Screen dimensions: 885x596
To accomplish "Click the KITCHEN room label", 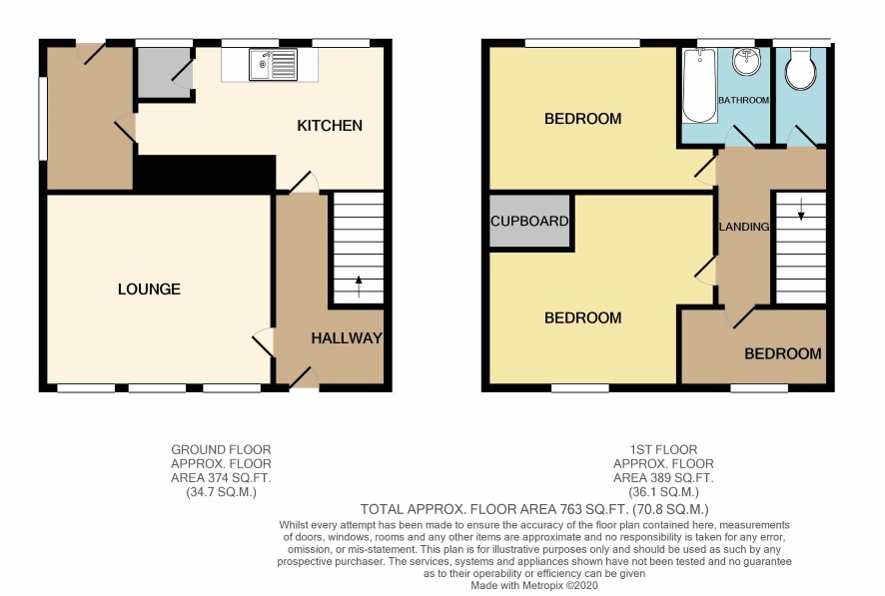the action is (x=330, y=125).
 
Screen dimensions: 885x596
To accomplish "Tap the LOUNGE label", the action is (x=149, y=290).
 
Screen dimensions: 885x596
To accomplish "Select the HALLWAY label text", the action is (x=347, y=337).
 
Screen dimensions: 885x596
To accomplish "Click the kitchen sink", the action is (x=273, y=64).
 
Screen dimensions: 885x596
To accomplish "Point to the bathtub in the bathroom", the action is (x=700, y=85).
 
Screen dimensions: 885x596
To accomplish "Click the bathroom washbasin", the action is (x=747, y=62).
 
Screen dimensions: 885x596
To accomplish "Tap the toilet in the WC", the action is (x=800, y=69).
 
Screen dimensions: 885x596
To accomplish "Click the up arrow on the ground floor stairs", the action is (x=359, y=287).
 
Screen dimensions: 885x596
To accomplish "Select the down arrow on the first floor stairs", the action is (x=800, y=209).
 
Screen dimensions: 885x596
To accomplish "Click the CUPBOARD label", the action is (x=529, y=221).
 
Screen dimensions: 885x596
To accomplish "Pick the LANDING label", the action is (x=744, y=227).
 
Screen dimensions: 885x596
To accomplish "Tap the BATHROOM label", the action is (x=743, y=100).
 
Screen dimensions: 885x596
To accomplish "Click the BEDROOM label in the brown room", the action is (x=783, y=353).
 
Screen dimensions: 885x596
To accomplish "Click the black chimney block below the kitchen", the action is (x=205, y=173).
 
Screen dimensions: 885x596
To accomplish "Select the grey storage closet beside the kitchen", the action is (x=164, y=72).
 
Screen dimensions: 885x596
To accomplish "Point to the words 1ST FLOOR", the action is (x=663, y=449).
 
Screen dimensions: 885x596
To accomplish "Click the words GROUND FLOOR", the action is (x=222, y=449).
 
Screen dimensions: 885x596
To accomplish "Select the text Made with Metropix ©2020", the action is (x=534, y=585).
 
